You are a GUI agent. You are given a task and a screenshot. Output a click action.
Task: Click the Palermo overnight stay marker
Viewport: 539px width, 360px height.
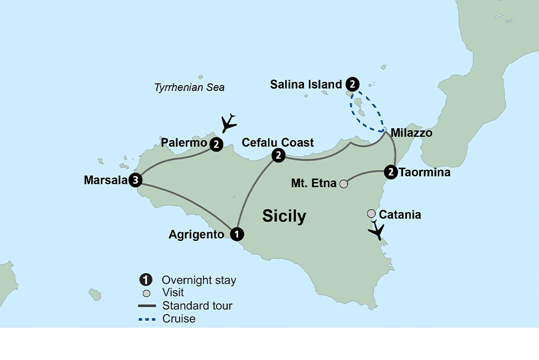click(216, 144)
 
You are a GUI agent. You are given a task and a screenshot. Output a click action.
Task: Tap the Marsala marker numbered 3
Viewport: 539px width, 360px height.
click(135, 180)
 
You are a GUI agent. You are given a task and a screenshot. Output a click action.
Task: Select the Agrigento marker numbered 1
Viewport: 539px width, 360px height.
click(236, 234)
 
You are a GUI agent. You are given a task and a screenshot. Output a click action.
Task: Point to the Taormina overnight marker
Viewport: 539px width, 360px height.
click(391, 173)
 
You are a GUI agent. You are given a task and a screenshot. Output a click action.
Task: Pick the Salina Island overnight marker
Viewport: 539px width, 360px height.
click(352, 84)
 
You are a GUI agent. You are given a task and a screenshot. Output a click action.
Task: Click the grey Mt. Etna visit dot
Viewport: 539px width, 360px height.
click(343, 184)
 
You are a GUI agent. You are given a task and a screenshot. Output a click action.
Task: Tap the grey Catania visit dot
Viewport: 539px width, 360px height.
click(371, 214)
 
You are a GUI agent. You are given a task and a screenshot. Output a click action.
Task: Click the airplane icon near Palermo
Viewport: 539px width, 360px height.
click(229, 122)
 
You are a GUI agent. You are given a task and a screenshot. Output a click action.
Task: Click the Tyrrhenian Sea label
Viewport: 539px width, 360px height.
click(189, 87)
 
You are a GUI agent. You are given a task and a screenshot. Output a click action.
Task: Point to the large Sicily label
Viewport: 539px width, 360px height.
click(284, 216)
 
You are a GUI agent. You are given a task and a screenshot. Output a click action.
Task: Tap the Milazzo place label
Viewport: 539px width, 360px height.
click(411, 133)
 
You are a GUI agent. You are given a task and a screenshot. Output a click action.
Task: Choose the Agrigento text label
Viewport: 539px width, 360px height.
click(196, 234)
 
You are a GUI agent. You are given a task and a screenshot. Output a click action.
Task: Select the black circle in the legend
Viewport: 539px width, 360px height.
click(144, 280)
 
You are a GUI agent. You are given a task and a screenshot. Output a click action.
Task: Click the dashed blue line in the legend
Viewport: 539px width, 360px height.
click(148, 319)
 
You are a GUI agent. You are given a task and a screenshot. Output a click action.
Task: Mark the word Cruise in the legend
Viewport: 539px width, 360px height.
click(179, 319)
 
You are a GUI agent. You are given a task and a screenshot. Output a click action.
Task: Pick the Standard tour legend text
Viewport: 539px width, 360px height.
click(197, 306)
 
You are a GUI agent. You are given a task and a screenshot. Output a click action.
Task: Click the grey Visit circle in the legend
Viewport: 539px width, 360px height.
click(144, 293)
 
